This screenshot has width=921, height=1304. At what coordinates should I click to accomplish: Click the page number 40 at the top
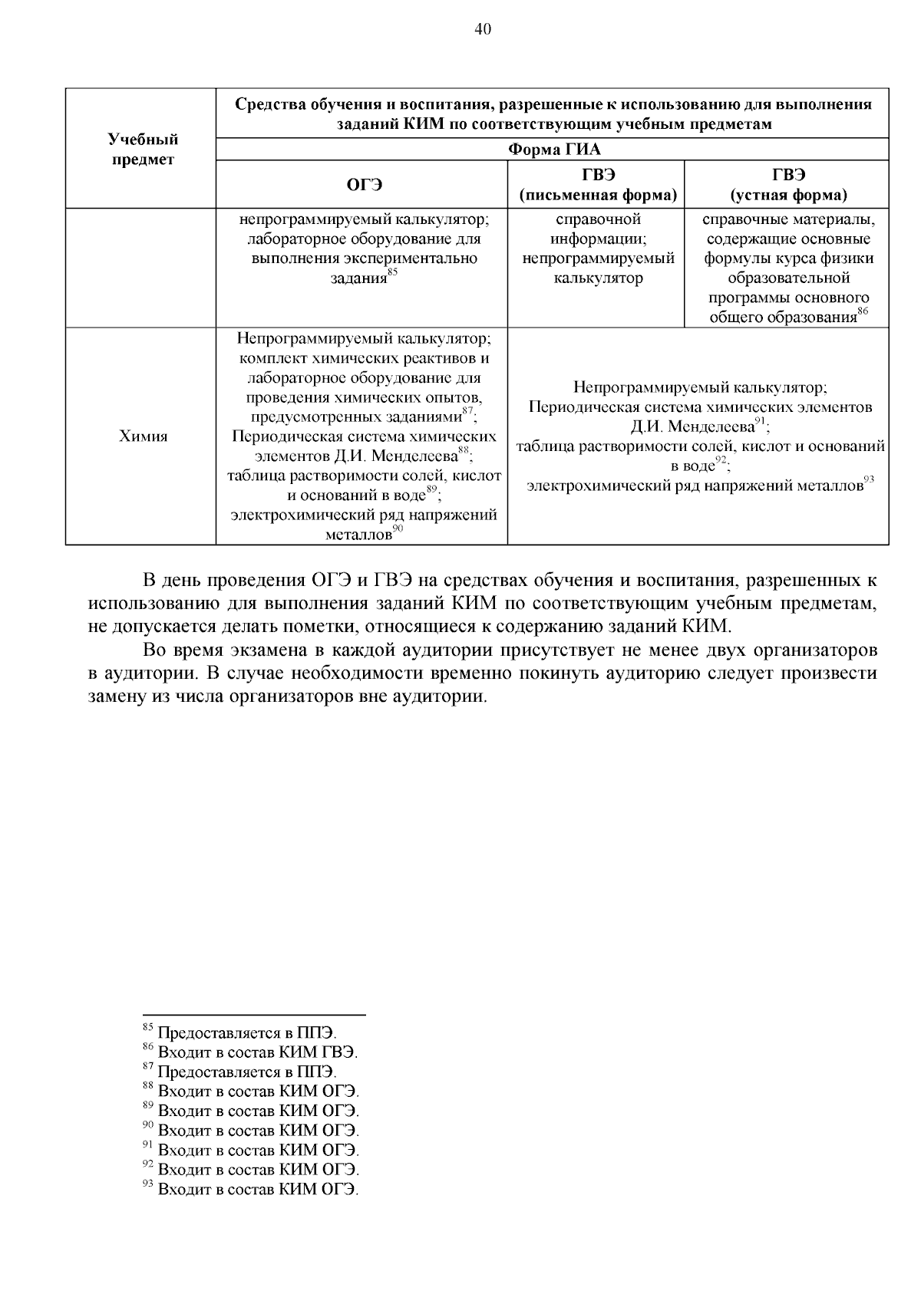click(x=483, y=29)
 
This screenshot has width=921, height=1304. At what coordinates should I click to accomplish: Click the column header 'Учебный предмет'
click(x=143, y=149)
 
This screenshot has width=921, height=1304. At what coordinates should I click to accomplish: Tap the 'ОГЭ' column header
click(x=363, y=185)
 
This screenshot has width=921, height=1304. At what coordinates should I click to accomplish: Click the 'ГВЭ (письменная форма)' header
click(x=598, y=185)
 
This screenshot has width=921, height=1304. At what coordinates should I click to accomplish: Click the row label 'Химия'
click(x=143, y=436)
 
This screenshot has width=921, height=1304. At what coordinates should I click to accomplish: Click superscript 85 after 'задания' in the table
click(x=392, y=272)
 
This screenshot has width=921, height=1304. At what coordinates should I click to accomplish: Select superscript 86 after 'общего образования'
click(x=863, y=311)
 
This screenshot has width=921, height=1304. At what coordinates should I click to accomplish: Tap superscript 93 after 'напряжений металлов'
click(x=870, y=480)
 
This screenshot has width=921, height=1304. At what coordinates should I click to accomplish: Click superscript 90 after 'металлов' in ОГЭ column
click(x=398, y=529)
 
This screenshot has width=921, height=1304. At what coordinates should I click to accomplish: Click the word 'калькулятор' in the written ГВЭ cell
click(x=598, y=278)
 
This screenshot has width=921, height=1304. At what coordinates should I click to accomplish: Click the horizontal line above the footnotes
click(x=253, y=1015)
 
